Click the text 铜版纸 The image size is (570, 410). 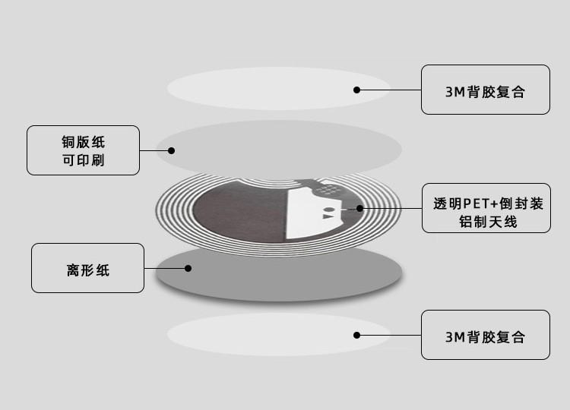coord(83,142)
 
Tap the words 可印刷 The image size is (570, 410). coord(83,160)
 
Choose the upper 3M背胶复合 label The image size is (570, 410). coord(486,91)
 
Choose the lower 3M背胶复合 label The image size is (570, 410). coord(486,336)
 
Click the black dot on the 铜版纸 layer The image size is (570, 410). coord(172,150)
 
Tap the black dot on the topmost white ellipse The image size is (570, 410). coord(356,90)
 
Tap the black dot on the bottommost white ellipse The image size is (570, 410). coord(356,334)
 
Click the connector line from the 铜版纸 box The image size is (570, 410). coord(155,150)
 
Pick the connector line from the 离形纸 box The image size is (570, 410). coord(166,267)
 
